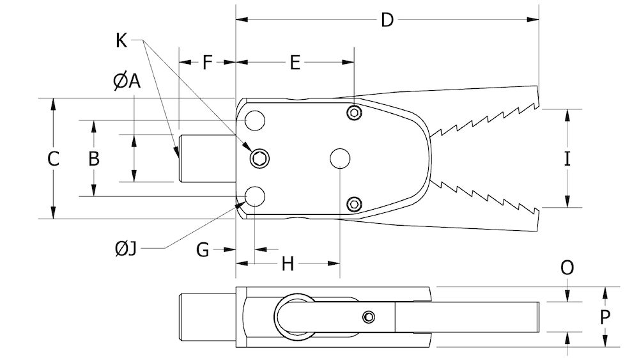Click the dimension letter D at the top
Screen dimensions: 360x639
pyautogui.click(x=387, y=20)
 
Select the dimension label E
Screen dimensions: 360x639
pyautogui.click(x=294, y=62)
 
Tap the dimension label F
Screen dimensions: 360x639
pyautogui.click(x=208, y=62)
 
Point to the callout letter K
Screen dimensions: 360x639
pyautogui.click(x=121, y=40)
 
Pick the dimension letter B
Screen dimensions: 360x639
pyautogui.click(x=94, y=159)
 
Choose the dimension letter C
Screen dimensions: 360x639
pyautogui.click(x=54, y=159)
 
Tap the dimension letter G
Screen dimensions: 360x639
pyautogui.click(x=203, y=249)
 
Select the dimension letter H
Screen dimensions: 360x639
pyautogui.click(x=288, y=263)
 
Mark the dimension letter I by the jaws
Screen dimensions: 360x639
pyautogui.click(x=567, y=159)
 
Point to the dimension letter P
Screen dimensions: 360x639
pyautogui.click(x=606, y=317)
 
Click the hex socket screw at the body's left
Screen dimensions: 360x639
pyautogui.click(x=259, y=159)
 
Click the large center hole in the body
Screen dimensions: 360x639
pyautogui.click(x=339, y=159)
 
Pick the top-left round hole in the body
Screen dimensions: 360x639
pyautogui.click(x=255, y=120)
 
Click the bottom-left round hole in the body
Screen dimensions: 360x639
pyautogui.click(x=255, y=196)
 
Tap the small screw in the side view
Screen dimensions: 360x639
pyautogui.click(x=368, y=317)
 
